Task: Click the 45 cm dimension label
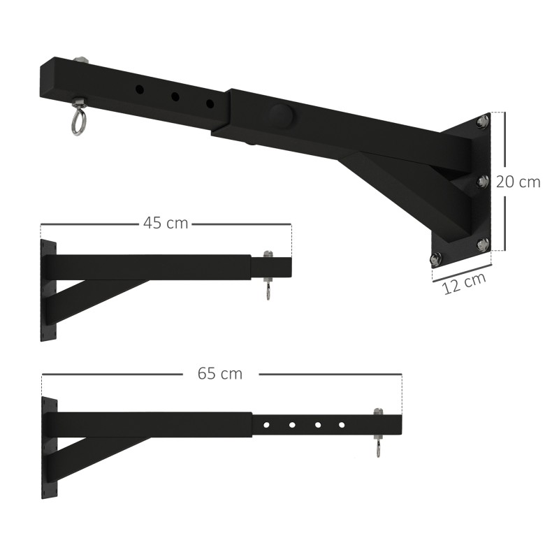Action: coord(166,223)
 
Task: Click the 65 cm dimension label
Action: coord(220,374)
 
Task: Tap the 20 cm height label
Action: coord(518,182)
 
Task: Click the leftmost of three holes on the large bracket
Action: coord(140,89)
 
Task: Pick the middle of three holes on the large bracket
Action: coord(175,96)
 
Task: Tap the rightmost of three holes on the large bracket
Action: coord(209,103)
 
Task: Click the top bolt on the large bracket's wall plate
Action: coord(482,123)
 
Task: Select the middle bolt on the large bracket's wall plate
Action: coord(482,182)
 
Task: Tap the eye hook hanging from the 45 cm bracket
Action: coord(267,290)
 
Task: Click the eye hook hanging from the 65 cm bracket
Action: coord(378,449)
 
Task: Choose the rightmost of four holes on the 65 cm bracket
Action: coord(342,423)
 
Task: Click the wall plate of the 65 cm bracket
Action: coord(48,447)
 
